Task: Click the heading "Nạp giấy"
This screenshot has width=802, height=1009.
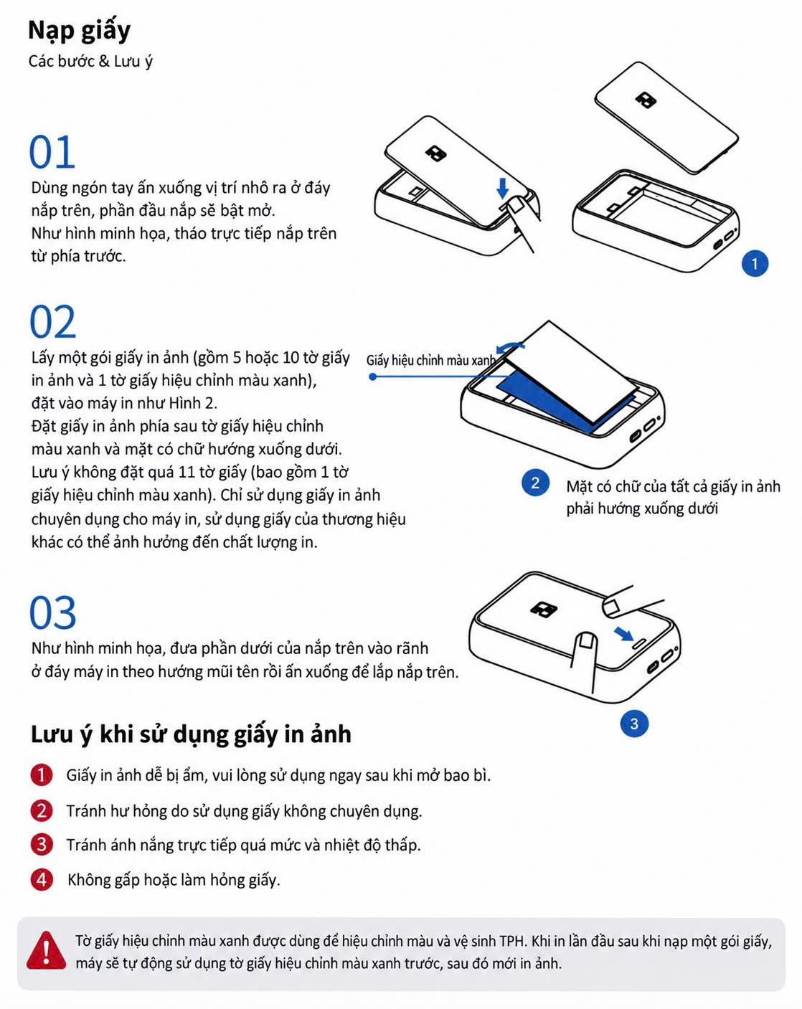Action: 79,31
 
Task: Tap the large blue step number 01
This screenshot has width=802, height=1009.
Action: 52,152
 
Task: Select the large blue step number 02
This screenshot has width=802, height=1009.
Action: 52,322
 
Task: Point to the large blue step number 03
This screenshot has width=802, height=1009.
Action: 52,612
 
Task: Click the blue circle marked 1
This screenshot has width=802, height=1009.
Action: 755,263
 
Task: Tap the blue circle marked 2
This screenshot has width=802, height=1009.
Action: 535,483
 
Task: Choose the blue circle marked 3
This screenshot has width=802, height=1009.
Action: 634,724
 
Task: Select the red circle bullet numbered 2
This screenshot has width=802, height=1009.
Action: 42,810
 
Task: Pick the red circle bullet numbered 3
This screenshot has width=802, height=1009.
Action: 42,845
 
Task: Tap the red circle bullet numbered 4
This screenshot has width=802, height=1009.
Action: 42,880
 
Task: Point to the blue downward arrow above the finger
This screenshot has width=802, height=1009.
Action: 503,188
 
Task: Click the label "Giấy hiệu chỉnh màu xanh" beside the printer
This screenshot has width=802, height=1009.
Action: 430,361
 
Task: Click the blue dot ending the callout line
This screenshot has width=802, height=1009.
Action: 373,376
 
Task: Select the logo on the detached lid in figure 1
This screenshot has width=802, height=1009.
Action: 646,100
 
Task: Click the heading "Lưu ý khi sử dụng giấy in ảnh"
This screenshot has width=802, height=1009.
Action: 191,734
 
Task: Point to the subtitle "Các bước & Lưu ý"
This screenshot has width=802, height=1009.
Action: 90,62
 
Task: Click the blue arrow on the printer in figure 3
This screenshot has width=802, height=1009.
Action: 624,634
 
